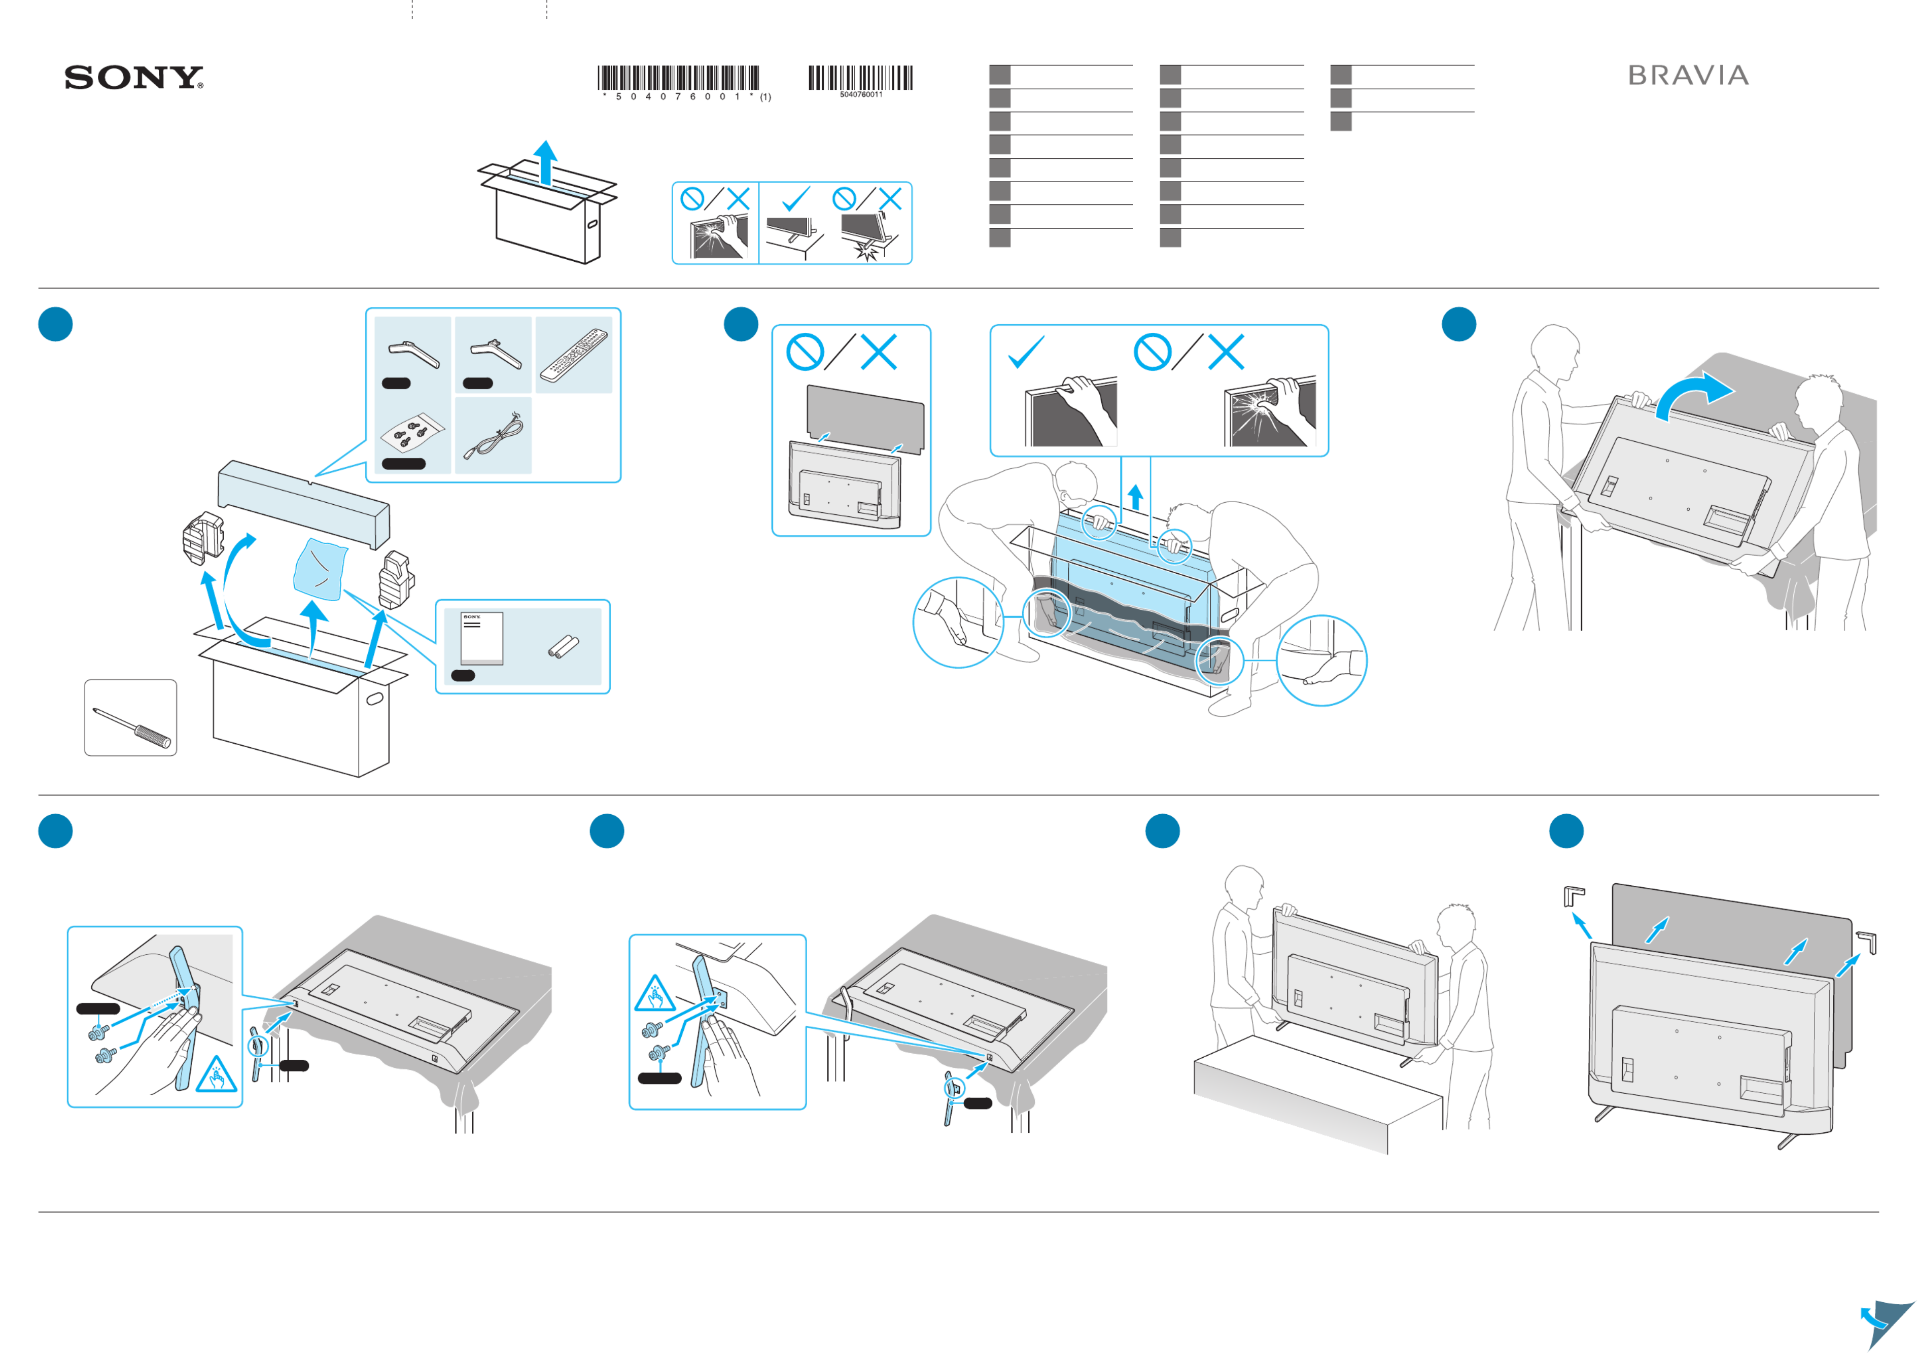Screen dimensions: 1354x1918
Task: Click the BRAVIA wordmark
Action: click(1687, 76)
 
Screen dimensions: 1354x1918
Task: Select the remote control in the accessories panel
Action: click(574, 355)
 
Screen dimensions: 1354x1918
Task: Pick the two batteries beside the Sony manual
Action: click(563, 646)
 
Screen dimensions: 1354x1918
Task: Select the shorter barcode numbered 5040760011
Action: click(860, 79)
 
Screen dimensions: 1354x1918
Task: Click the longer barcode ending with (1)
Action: click(678, 79)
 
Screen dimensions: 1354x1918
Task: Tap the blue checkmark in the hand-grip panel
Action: click(1026, 352)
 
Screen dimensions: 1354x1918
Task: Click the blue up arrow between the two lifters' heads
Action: click(1134, 497)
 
